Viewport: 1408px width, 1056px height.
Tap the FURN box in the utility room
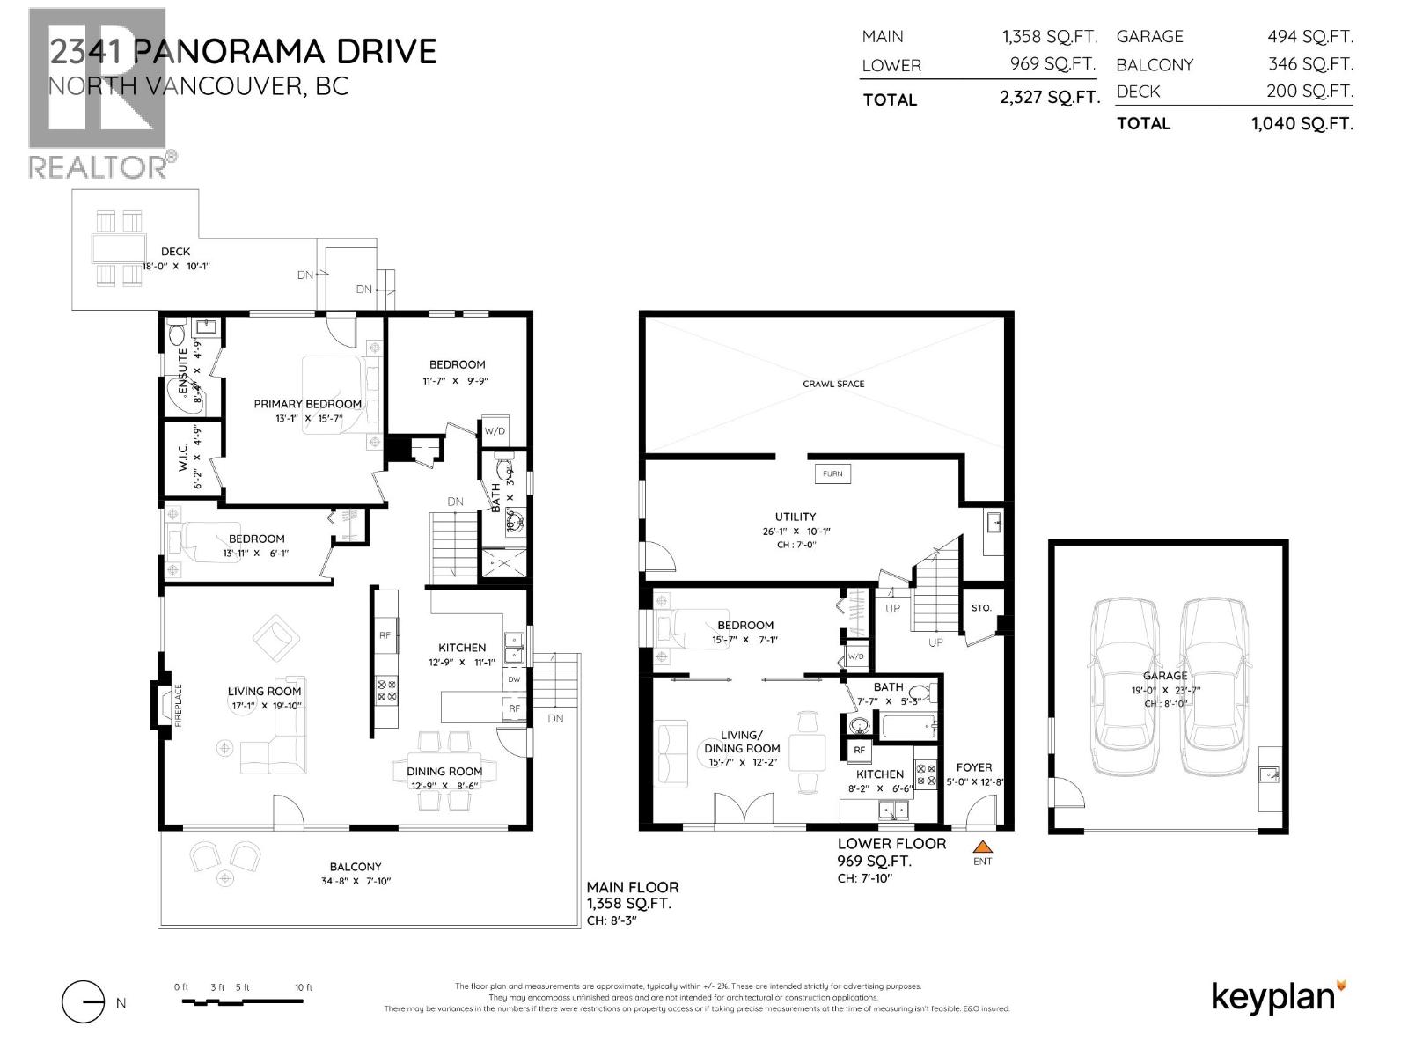click(832, 473)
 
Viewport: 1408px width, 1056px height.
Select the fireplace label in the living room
click(178, 705)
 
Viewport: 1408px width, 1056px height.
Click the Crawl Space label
click(833, 384)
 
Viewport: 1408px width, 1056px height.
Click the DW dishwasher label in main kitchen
click(515, 679)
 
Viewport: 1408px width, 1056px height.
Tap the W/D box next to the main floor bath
click(495, 431)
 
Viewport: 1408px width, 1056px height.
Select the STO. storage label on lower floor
click(981, 608)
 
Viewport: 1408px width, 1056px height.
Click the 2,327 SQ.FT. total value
click(1049, 98)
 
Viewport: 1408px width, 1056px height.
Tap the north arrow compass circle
click(84, 1002)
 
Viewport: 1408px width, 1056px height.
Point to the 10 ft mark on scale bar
click(304, 988)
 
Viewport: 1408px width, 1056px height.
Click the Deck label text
click(175, 252)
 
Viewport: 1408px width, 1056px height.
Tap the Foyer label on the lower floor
click(974, 767)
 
